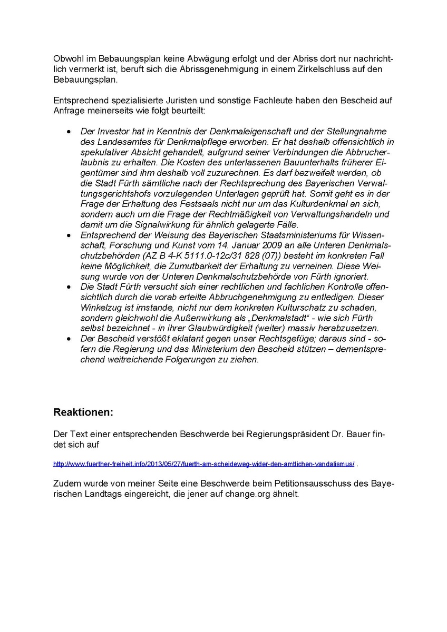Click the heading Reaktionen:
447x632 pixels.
click(83, 412)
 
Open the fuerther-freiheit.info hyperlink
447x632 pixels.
click(203, 464)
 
